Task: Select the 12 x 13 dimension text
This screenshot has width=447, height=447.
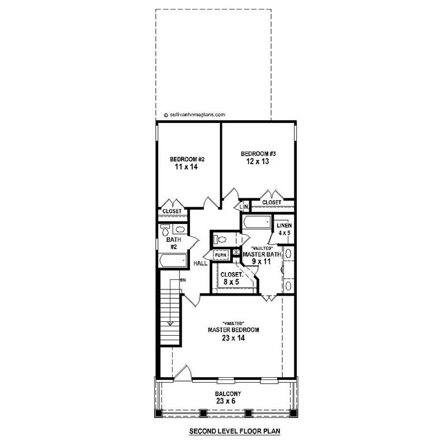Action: click(x=259, y=161)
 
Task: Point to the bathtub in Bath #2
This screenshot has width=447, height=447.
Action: click(x=172, y=260)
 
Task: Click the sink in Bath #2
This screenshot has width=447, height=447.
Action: click(x=179, y=229)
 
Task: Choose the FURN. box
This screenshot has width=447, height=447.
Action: click(x=221, y=255)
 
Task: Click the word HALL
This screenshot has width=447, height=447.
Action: click(x=201, y=263)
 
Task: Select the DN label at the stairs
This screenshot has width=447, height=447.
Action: click(x=182, y=279)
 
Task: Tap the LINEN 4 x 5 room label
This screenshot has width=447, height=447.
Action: click(x=284, y=229)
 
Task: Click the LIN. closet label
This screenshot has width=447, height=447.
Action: click(x=244, y=207)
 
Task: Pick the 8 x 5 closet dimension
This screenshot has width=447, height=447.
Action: click(x=231, y=283)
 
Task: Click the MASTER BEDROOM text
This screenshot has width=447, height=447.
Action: click(x=233, y=330)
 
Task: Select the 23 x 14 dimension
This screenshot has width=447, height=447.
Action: click(x=233, y=338)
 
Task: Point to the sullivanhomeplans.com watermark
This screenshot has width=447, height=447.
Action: click(x=195, y=115)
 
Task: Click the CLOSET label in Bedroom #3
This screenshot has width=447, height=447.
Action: click(x=272, y=202)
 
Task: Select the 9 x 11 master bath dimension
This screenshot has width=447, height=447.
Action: click(x=261, y=260)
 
